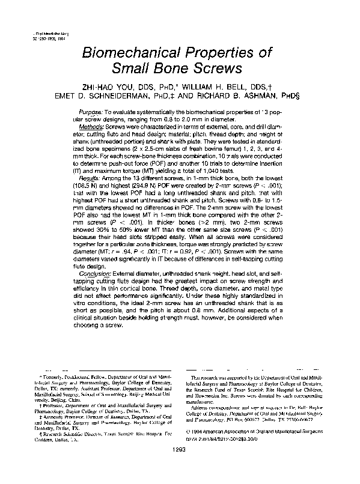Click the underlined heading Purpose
click(90, 113)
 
